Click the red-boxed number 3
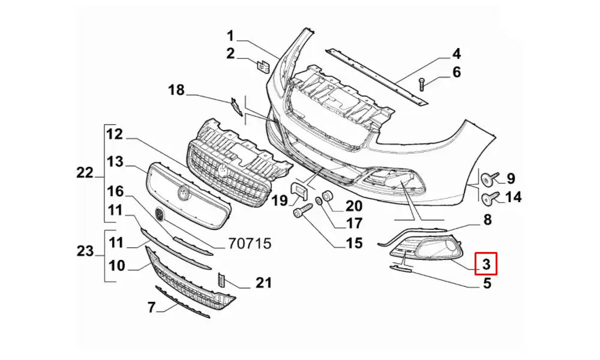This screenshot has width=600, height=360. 485,262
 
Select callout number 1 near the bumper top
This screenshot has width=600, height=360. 231,35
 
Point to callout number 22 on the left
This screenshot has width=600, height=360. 85,173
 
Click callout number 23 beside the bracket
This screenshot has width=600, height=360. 85,251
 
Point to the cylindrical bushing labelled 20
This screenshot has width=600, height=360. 328,196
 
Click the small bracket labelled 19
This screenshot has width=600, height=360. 299,191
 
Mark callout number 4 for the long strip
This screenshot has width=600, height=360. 456,53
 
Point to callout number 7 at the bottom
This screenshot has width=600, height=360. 152,308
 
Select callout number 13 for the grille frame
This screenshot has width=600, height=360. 115,162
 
